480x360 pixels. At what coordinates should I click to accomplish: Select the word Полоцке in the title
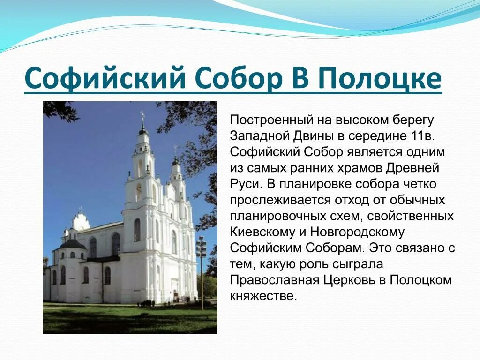380,78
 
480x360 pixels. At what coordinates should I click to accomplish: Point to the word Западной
258,136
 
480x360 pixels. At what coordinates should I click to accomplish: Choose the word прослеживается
280,200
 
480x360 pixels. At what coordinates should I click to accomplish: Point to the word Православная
273,280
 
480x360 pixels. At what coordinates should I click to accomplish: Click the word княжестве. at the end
263,296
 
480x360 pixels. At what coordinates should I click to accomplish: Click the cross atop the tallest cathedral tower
142,114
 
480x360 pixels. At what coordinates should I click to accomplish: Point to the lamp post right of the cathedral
202,272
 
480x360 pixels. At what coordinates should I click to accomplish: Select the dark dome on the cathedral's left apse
73,244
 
